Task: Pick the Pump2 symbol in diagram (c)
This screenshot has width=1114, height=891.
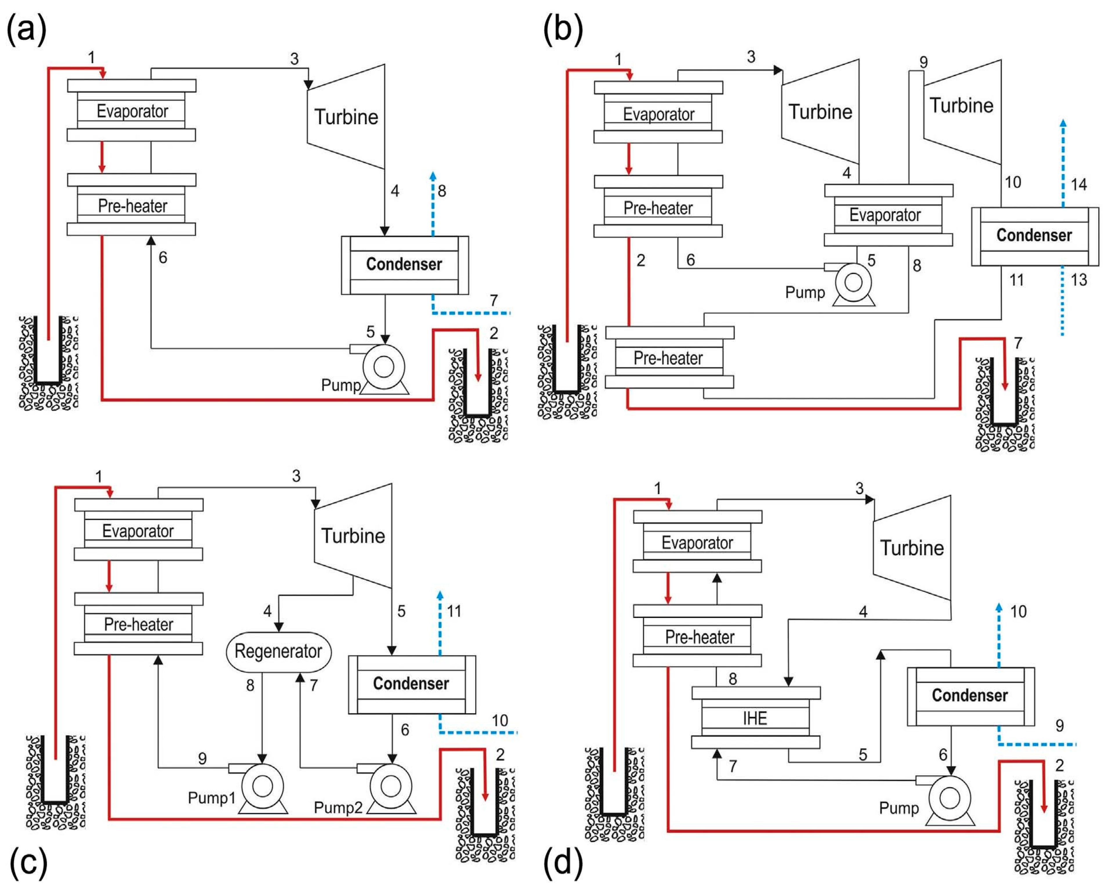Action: pos(391,787)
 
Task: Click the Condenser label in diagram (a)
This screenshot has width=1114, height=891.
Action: pos(404,264)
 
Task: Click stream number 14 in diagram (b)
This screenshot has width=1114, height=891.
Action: pos(1078,185)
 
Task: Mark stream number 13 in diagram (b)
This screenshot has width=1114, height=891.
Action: pos(1078,280)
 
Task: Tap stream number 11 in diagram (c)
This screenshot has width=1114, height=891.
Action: pos(454,611)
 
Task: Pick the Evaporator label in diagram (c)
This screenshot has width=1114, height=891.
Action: pos(138,531)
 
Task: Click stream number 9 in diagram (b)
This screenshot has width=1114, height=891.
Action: pos(923,63)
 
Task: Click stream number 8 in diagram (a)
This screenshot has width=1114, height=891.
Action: pos(442,191)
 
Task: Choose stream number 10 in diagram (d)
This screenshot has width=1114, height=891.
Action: pos(1018,612)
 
